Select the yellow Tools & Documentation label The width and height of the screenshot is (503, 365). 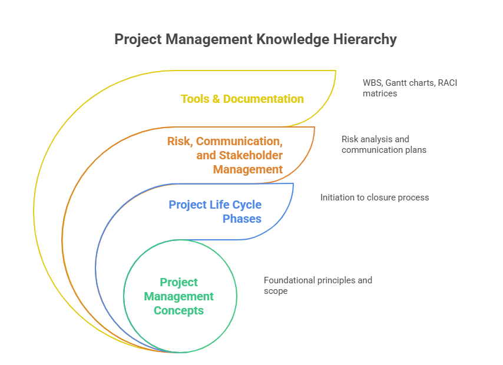(x=242, y=99)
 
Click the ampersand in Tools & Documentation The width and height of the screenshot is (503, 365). (x=216, y=99)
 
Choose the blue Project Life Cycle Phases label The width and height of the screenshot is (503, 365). (x=215, y=212)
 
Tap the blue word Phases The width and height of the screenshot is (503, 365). (x=241, y=219)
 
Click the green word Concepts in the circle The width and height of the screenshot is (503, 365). (x=178, y=310)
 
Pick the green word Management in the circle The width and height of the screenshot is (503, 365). (x=178, y=296)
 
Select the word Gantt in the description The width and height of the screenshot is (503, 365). (x=398, y=83)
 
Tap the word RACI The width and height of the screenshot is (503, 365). (x=446, y=83)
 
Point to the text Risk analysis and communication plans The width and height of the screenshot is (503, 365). (x=383, y=145)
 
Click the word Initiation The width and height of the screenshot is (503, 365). (x=338, y=197)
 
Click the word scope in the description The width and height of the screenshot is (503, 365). (x=276, y=291)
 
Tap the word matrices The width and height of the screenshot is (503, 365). (x=380, y=93)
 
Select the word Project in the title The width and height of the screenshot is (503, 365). (x=138, y=39)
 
